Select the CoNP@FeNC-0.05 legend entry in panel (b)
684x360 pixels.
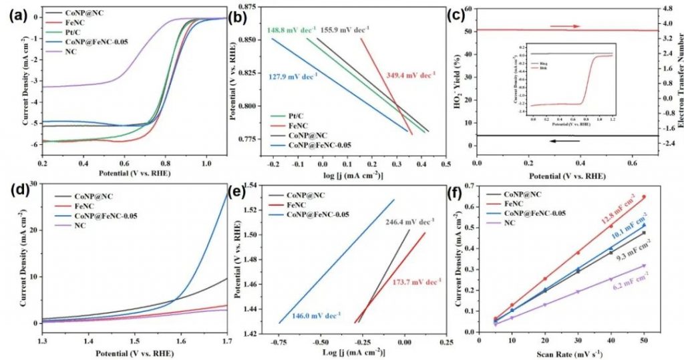(319, 145)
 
